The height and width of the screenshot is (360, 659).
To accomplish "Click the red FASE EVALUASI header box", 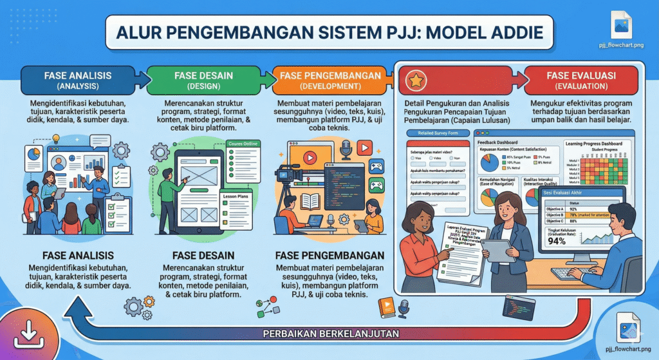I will click(x=580, y=81).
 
